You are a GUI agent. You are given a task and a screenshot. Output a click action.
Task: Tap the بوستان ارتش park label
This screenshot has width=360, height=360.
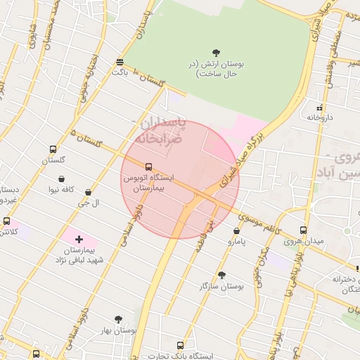coord(217,69)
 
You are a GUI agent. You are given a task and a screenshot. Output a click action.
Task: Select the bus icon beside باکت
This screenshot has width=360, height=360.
coord(120,61)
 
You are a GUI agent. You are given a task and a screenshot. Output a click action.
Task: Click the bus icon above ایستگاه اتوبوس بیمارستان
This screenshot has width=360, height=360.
coord(148,167)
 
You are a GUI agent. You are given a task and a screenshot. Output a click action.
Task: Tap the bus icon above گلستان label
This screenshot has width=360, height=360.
coord(53,150)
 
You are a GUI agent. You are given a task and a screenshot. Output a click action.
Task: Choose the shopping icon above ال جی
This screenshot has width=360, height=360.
coord(88,192)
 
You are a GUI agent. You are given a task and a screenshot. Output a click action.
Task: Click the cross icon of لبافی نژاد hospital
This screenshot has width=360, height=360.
coord(79,240)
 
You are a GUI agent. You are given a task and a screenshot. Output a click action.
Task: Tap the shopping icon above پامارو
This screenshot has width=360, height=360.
coord(236,231)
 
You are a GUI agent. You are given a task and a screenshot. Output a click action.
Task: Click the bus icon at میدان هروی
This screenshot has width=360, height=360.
coord(303,230)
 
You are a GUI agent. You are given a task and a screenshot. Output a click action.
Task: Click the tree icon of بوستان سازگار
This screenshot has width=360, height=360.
coord(222,275)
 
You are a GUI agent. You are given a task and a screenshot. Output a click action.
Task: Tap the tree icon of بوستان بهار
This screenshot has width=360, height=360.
coord(117,319)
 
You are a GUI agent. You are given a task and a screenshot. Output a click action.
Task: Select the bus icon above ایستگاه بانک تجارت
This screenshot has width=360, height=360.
coord(180,346)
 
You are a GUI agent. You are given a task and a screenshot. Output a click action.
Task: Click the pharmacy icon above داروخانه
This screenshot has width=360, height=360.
coord(320,108)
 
